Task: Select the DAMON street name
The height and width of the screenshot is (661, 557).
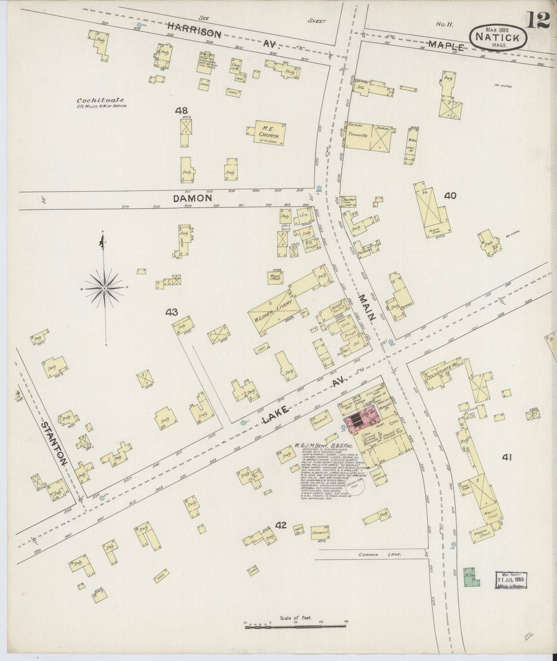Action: coord(193,198)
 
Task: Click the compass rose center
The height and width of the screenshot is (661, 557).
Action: coord(104,288)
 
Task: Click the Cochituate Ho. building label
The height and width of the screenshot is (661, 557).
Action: coord(442,377)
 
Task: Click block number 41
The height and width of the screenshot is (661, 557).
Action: coord(507,457)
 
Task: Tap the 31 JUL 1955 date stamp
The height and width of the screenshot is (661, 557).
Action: coord(511,579)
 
